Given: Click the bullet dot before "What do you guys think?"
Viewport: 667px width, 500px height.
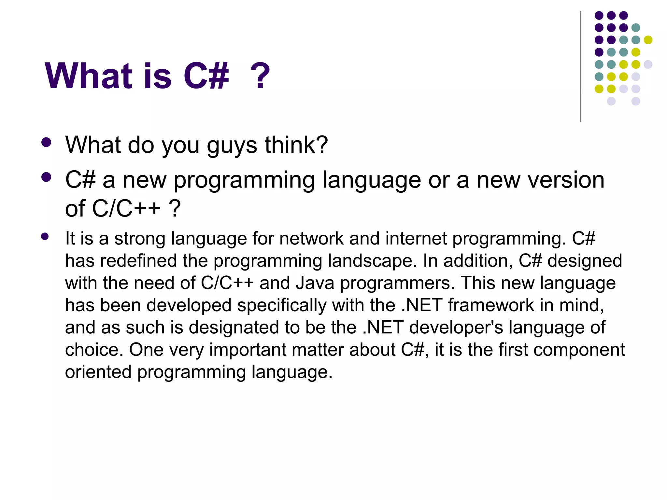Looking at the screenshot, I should pyautogui.click(x=47, y=142).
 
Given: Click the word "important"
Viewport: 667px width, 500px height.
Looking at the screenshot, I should pyautogui.click(x=248, y=350).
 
